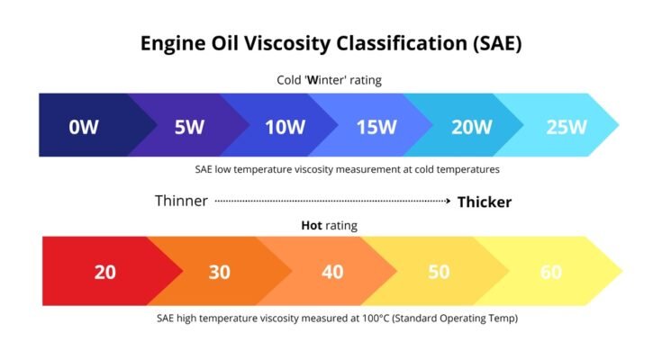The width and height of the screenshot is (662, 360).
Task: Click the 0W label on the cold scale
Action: click(x=84, y=126)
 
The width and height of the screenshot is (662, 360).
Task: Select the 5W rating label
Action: click(x=189, y=126)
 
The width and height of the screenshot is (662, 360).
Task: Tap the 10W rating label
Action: click(x=285, y=126)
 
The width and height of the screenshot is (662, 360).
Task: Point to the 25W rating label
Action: click(x=565, y=126)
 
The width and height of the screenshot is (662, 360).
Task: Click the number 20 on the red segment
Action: click(x=105, y=271)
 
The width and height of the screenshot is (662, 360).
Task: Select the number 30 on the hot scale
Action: click(x=220, y=271)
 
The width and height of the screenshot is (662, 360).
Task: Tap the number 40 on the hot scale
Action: click(x=332, y=271)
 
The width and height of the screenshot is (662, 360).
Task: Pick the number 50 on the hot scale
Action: click(x=439, y=271)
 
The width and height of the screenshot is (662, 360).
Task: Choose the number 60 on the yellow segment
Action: click(x=550, y=271)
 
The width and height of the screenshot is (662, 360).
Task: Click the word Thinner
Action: click(x=181, y=202)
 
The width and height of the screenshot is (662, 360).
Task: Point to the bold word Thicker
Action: click(x=484, y=202)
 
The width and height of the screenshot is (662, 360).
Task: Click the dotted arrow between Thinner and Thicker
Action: click(x=333, y=202)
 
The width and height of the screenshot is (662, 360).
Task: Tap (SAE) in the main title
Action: click(x=490, y=42)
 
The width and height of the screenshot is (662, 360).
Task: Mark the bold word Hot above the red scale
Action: click(x=312, y=226)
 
